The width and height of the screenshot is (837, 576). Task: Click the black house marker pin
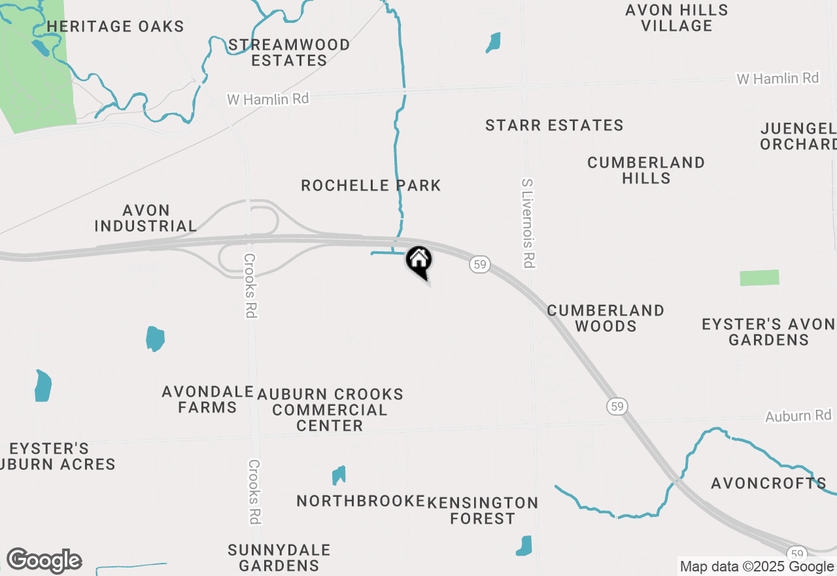(419, 261)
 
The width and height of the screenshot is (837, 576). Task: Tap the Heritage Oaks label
(116, 27)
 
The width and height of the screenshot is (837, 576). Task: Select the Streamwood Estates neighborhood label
(289, 53)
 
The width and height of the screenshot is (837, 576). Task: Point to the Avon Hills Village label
(677, 18)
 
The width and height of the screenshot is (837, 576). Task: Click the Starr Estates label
(555, 125)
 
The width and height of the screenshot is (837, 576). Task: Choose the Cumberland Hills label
(646, 170)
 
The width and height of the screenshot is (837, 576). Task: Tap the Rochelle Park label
(371, 186)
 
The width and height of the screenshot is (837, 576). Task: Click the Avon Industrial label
(146, 219)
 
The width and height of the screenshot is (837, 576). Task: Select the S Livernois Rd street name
(528, 223)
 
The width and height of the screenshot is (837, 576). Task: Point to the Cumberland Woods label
(606, 318)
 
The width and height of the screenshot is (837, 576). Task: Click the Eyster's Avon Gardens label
(768, 332)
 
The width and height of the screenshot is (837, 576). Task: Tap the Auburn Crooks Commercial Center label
(330, 410)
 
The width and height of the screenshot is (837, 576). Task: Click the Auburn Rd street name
(798, 416)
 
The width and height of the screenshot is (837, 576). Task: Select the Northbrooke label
(361, 501)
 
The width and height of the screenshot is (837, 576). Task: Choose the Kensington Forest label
(483, 511)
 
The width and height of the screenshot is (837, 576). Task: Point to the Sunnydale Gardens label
(279, 558)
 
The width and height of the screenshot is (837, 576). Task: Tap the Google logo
(44, 561)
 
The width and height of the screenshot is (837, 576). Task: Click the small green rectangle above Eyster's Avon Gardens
(759, 278)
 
